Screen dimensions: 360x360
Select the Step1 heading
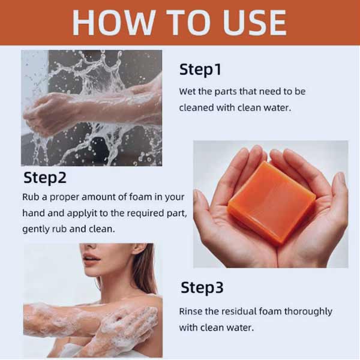click(200, 70)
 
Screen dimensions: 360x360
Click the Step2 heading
click(45, 178)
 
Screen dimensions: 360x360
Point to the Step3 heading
click(202, 287)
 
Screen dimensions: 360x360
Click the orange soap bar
click(272, 203)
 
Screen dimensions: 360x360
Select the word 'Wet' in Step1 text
click(187, 91)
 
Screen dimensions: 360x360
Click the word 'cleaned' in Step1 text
click(196, 107)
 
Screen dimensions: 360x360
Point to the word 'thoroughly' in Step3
click(308, 312)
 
